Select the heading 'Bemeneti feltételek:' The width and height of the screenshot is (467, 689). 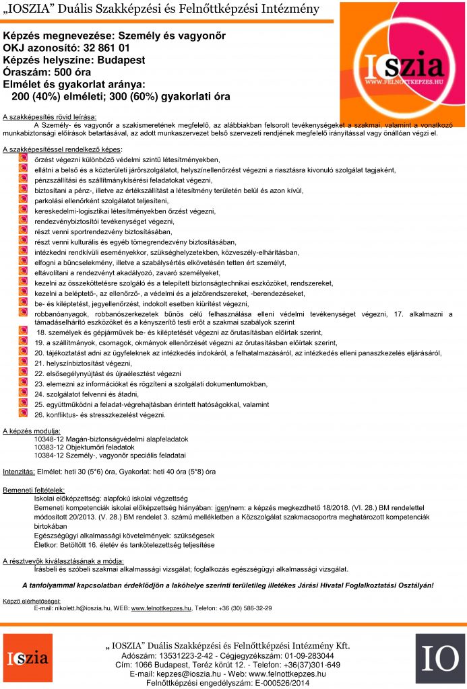click(x=34, y=491)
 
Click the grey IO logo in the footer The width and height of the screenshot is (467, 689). click(x=439, y=659)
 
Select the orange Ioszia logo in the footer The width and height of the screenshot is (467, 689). click(x=28, y=659)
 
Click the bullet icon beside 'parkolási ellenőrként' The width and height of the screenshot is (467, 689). click(x=23, y=200)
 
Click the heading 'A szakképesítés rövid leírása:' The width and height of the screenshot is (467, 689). click(x=50, y=116)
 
